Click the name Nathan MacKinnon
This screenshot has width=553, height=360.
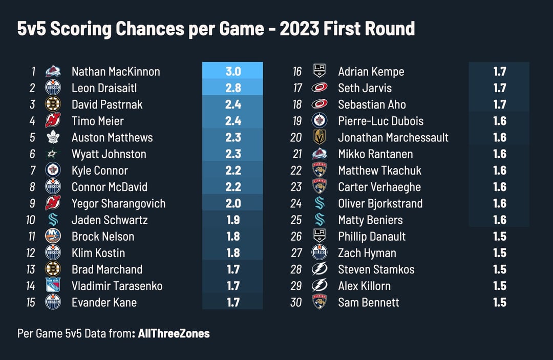(x=116, y=72)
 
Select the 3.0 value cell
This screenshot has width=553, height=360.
(x=232, y=72)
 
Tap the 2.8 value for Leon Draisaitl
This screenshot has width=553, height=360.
(x=232, y=88)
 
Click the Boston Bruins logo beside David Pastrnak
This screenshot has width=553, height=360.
(x=53, y=104)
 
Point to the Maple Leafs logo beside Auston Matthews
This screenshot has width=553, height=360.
(x=53, y=137)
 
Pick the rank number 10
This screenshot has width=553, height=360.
(x=30, y=220)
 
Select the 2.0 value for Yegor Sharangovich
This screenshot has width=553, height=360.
(x=232, y=203)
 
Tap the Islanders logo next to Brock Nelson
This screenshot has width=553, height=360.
(x=53, y=236)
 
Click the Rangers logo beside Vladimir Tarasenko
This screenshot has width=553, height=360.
(x=53, y=286)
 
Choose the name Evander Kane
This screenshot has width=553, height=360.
(x=104, y=302)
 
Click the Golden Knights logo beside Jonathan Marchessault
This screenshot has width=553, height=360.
(x=320, y=137)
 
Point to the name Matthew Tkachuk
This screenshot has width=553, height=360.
(x=379, y=171)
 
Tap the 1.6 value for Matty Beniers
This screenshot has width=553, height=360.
(x=499, y=220)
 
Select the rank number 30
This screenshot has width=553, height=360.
(x=296, y=302)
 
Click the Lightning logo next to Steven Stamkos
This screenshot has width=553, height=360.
(x=320, y=269)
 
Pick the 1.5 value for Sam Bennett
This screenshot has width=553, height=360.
(x=499, y=302)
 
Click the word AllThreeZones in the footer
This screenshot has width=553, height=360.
(x=174, y=333)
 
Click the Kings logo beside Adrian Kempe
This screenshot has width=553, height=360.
(x=320, y=72)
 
